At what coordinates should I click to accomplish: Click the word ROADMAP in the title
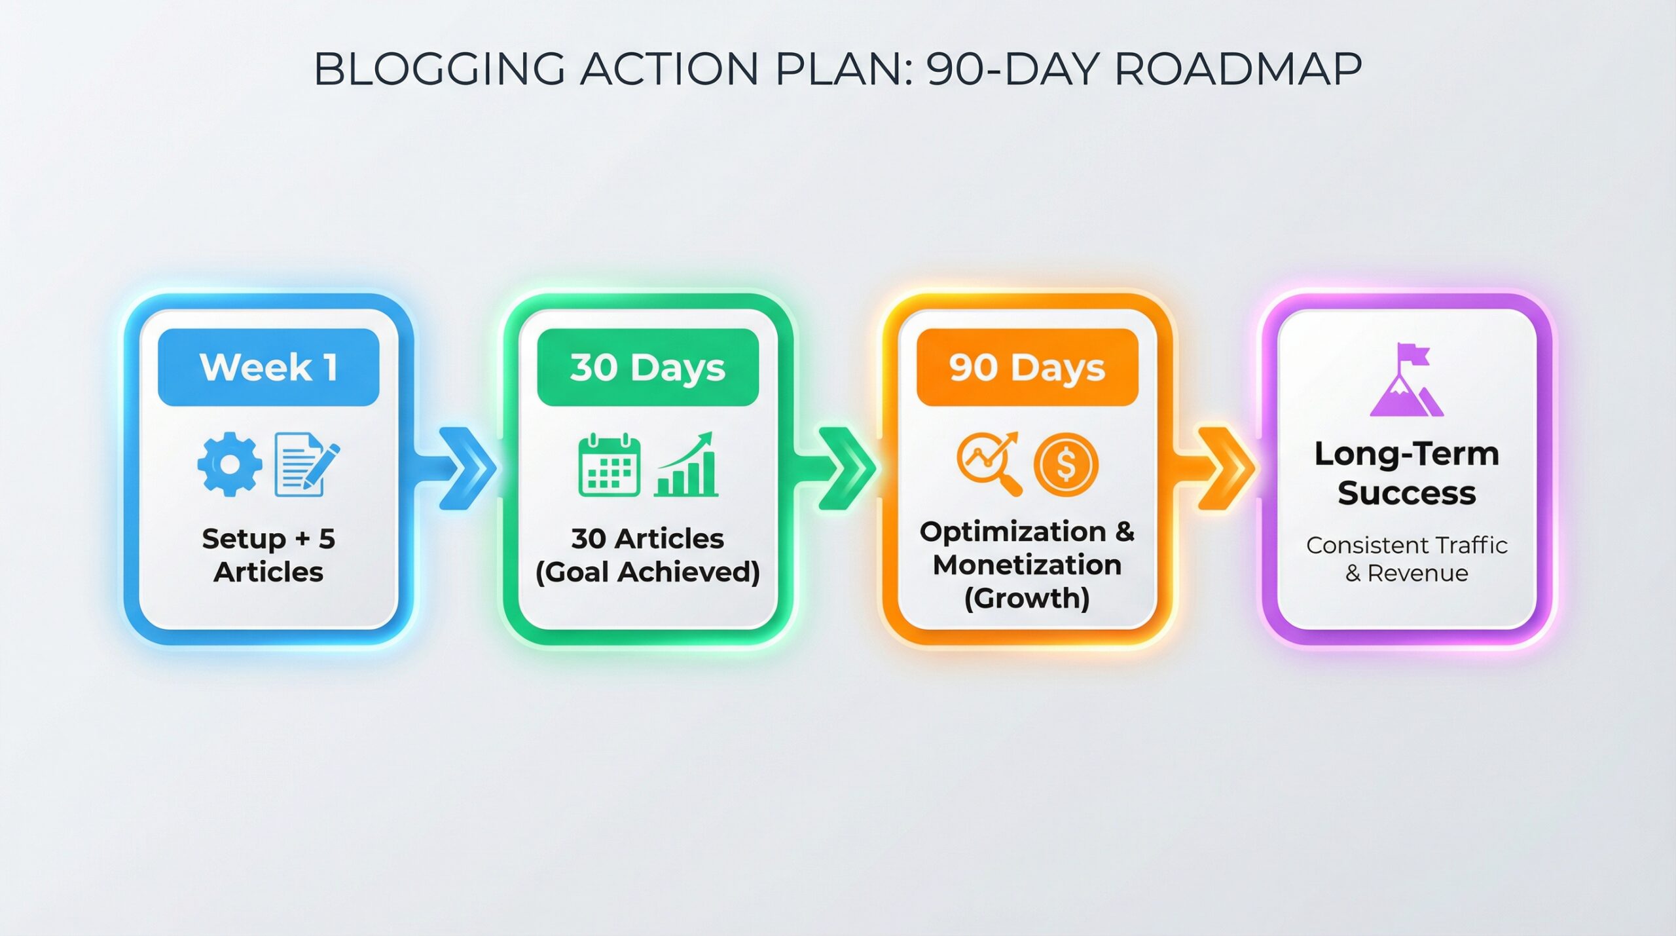1237,69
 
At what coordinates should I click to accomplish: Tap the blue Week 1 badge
268,367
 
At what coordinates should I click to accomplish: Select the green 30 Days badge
647,367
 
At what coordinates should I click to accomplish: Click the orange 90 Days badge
1027,367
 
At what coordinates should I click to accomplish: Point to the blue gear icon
230,464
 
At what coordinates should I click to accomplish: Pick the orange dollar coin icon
1066,465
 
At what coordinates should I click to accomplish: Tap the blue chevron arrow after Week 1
467,468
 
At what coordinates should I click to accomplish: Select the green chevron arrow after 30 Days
846,468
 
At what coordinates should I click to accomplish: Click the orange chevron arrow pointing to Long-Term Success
1225,468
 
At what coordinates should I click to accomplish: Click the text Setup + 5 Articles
268,555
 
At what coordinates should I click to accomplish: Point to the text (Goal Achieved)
647,572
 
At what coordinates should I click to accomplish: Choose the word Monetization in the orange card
1027,565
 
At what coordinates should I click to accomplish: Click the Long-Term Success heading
1406,473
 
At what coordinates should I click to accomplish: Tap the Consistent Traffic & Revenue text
1406,559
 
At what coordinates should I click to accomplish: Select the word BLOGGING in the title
439,69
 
